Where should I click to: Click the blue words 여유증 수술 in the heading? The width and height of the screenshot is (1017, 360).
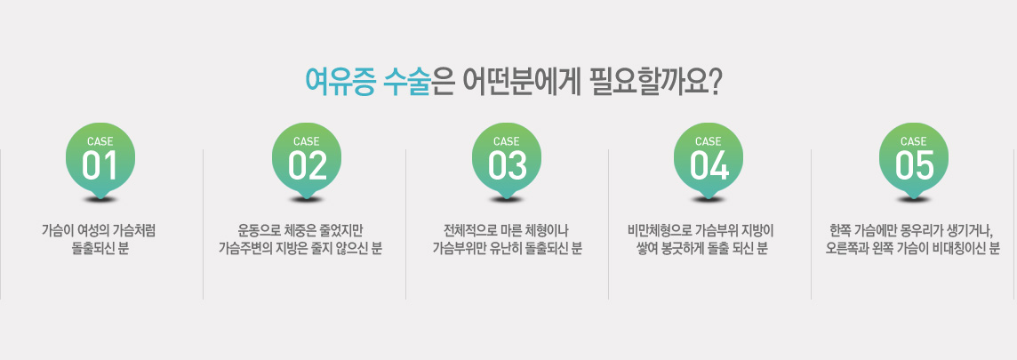pos(368,83)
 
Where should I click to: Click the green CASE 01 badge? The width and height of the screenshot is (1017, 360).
pos(100,162)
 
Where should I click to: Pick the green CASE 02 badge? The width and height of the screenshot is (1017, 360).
pos(306,162)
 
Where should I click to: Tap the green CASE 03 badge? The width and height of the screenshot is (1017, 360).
pos(507,162)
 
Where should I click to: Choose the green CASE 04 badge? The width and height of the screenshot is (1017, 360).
pos(709,162)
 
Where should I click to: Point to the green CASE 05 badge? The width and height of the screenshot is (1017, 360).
pos(914,162)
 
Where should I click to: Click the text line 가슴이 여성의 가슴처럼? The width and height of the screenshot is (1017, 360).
pos(99,230)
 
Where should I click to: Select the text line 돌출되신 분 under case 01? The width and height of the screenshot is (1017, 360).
pos(100,248)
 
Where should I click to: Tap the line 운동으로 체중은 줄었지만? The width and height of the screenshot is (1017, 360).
pos(300,230)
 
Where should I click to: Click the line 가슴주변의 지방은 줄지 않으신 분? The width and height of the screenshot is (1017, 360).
pos(300,248)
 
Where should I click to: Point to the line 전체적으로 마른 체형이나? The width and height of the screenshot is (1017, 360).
pos(506,230)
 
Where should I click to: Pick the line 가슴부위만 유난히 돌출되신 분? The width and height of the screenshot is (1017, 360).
pos(508,248)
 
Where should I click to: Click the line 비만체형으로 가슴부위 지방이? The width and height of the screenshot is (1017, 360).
pos(701,230)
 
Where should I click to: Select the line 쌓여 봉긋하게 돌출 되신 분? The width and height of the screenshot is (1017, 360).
pos(702,248)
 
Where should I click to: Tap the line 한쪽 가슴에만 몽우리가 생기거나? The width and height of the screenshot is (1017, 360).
pos(913,230)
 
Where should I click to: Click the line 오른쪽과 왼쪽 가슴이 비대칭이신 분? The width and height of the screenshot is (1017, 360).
pos(913,248)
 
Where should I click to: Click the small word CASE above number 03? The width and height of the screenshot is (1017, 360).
pos(507,141)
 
